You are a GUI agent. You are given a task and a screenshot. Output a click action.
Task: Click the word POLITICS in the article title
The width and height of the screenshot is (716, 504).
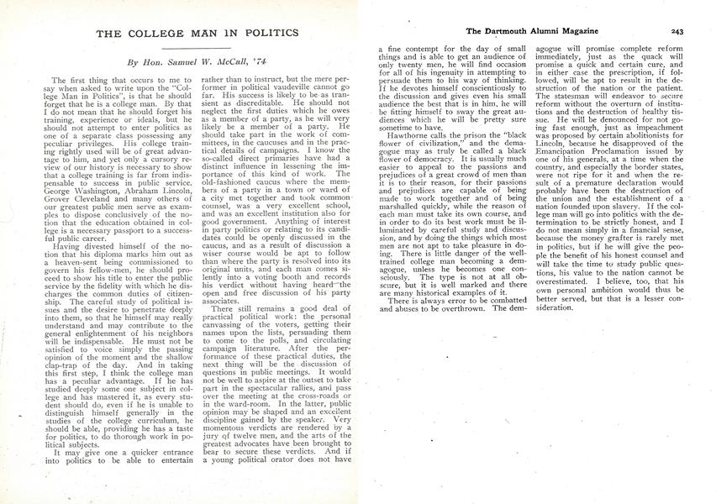click(266, 32)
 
